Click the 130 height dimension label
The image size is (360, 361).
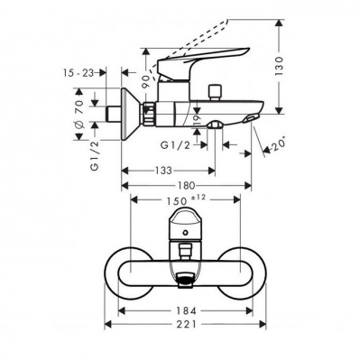pos(280,66)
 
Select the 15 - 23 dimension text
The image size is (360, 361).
pos(78,73)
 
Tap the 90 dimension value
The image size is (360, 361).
pos(146,81)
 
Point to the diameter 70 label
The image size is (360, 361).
pos(79,116)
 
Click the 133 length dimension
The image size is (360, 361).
pos(163,171)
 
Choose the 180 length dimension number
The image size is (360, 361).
pos(187,186)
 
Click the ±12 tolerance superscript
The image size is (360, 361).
pos(201,199)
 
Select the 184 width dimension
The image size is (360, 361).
pos(186,310)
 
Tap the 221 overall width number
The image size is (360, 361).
pos(186,324)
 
